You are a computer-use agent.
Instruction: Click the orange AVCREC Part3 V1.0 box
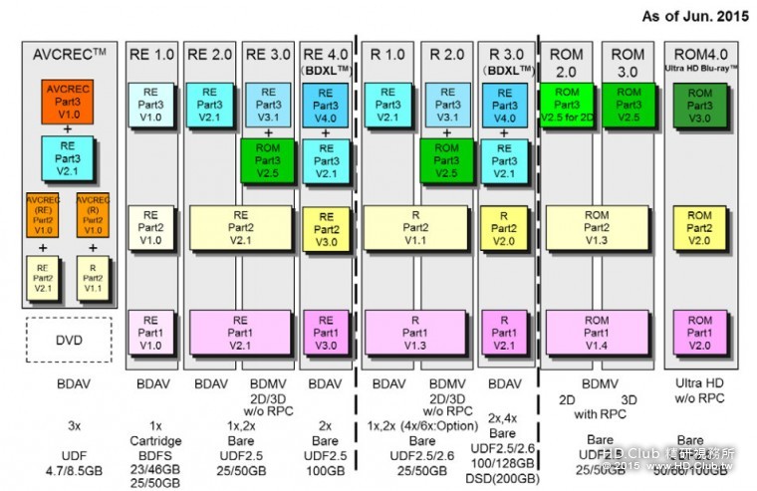point(67,103)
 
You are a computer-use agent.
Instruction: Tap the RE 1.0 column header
point(151,53)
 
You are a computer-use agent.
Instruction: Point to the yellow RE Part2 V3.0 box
point(326,226)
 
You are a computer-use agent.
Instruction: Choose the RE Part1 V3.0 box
point(326,331)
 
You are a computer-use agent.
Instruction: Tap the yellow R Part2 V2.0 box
point(506,226)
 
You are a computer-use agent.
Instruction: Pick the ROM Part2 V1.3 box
point(597,226)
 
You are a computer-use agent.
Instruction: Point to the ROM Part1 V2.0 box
point(699,331)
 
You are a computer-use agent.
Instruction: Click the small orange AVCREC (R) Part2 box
point(93,215)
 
